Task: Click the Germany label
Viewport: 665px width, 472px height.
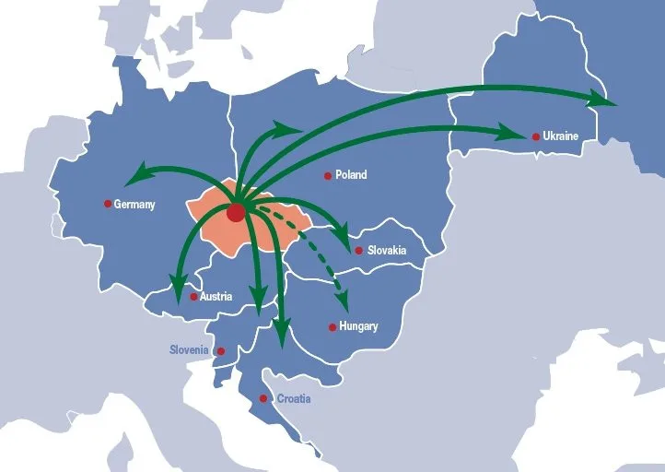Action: pyautogui.click(x=134, y=205)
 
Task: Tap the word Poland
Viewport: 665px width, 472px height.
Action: pyautogui.click(x=351, y=175)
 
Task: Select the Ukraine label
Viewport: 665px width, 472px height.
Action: pyautogui.click(x=561, y=136)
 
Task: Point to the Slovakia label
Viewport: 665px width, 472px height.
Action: pyautogui.click(x=387, y=250)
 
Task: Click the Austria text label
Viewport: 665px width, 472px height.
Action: pyautogui.click(x=216, y=297)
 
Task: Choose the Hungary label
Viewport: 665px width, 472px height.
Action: pyautogui.click(x=358, y=326)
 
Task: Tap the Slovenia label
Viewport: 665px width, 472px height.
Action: pyautogui.click(x=191, y=350)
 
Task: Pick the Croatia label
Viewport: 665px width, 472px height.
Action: pyautogui.click(x=294, y=399)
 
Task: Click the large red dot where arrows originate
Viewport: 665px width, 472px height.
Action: pyautogui.click(x=236, y=213)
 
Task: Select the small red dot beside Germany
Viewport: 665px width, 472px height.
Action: pyautogui.click(x=108, y=204)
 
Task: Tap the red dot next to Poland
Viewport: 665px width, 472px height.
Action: pyautogui.click(x=327, y=175)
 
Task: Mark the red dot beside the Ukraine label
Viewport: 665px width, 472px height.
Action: pyautogui.click(x=536, y=136)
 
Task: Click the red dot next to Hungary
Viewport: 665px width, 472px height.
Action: pyautogui.click(x=332, y=326)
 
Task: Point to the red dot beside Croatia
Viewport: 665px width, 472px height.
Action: pyautogui.click(x=263, y=398)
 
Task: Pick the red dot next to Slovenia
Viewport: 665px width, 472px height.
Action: pyautogui.click(x=220, y=351)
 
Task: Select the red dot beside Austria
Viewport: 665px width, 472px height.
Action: pyautogui.click(x=193, y=297)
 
